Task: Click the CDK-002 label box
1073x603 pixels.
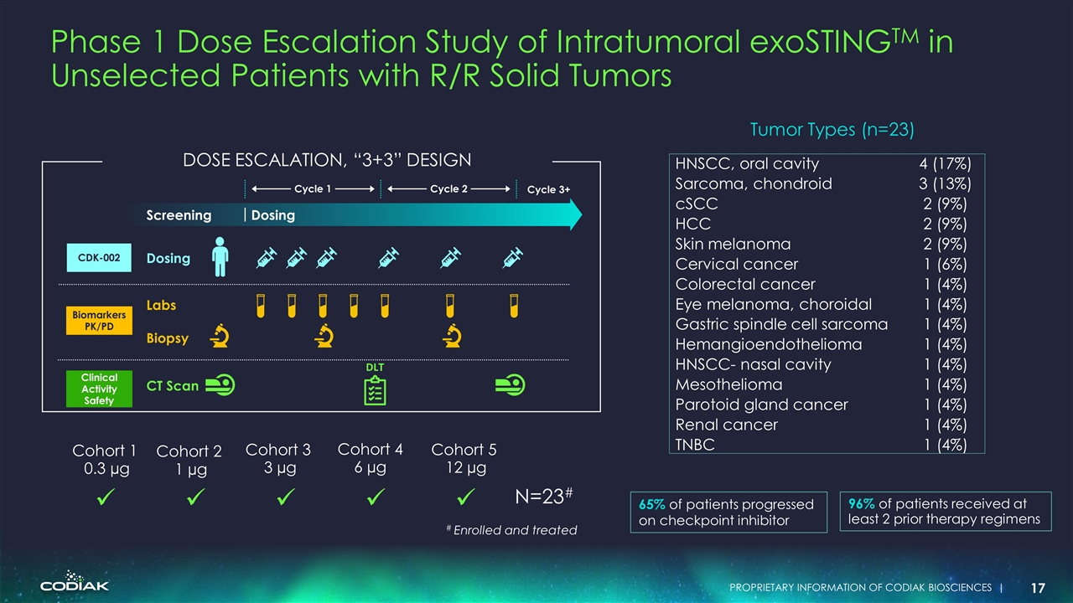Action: point(100,259)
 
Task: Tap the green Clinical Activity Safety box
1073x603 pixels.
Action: point(100,389)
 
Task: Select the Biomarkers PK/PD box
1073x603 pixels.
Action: point(100,321)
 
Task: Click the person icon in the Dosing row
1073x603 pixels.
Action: point(220,256)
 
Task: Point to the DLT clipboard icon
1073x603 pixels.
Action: point(375,390)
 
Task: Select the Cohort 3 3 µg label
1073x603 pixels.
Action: point(277,459)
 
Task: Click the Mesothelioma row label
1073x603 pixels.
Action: point(728,384)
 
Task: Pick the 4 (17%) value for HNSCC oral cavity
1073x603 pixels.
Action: point(943,163)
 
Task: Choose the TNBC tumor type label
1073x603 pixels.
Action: point(695,445)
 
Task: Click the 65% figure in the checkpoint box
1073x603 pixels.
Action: point(652,504)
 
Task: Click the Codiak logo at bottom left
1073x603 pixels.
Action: point(75,582)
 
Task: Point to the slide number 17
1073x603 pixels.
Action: point(1036,588)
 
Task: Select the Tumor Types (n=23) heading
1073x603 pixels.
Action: point(831,130)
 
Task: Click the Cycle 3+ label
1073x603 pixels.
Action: point(548,189)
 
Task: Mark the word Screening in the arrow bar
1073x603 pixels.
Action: point(179,215)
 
